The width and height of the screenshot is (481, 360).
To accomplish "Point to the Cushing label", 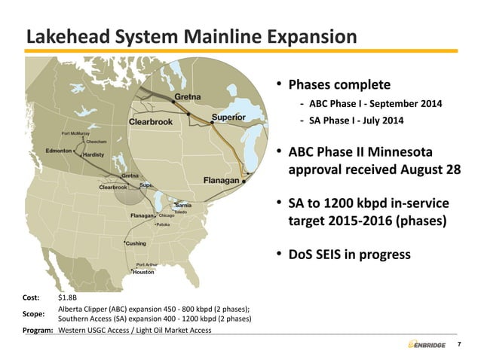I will (x=136, y=244).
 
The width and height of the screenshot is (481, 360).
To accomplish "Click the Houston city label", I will (x=143, y=272).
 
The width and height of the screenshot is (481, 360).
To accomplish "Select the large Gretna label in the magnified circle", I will (x=188, y=97).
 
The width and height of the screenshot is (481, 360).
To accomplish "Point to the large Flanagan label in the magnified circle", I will (x=222, y=180).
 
